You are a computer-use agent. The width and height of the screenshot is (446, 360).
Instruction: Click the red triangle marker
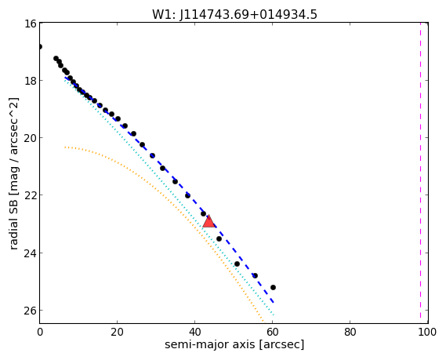tap(208, 221)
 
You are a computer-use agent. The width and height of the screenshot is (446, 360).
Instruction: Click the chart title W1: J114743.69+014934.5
tap(234, 14)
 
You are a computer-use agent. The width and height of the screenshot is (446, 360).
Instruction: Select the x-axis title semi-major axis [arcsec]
tap(234, 344)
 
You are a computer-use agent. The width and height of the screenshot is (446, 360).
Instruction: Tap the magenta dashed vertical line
tap(420, 171)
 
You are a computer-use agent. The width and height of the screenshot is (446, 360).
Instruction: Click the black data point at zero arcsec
tap(39, 47)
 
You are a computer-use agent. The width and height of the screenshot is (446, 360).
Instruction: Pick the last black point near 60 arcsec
tap(273, 287)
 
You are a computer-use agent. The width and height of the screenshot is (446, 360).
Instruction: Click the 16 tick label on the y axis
tap(30, 24)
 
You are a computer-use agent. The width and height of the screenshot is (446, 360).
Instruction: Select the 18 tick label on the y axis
tap(30, 81)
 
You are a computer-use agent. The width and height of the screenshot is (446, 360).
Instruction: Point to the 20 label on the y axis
tap(30, 138)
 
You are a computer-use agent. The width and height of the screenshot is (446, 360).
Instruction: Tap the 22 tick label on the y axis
tap(30, 195)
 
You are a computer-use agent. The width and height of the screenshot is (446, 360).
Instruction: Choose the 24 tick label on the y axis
tap(30, 253)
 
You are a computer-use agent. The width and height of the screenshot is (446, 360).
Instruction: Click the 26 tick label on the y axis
tap(30, 311)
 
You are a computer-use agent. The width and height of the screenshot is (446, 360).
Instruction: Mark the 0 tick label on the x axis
tap(40, 332)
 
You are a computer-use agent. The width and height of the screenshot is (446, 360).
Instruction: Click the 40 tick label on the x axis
tap(195, 332)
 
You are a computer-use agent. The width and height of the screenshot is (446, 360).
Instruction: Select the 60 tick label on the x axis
tap(273, 332)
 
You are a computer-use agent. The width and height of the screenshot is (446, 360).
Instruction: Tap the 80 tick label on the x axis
tap(350, 332)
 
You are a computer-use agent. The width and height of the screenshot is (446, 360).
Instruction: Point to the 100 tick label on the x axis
tap(427, 332)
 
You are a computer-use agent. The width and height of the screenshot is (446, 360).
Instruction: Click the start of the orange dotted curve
tap(65, 147)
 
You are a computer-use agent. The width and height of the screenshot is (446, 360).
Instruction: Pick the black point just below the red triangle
tap(219, 238)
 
